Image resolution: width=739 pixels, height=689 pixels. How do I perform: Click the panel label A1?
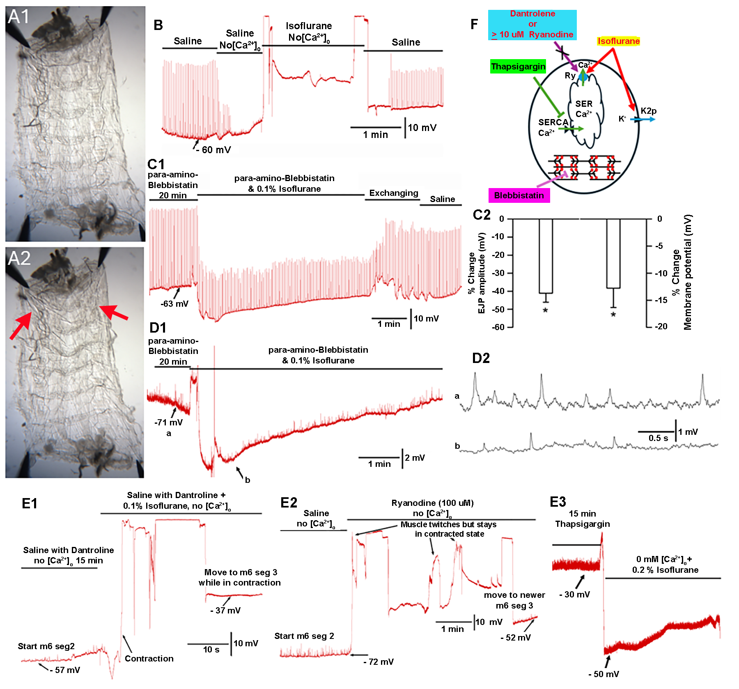click(19, 17)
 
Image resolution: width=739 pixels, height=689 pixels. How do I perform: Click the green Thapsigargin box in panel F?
click(518, 67)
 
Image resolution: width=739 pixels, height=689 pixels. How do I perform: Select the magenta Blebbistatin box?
click(519, 195)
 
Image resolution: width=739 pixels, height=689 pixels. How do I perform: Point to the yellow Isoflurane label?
click(618, 41)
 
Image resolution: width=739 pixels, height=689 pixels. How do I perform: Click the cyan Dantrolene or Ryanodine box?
click(532, 25)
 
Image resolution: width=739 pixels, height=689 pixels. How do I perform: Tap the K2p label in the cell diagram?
click(648, 111)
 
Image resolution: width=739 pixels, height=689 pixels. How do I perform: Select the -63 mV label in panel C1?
click(174, 304)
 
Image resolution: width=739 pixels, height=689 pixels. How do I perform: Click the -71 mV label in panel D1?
click(168, 423)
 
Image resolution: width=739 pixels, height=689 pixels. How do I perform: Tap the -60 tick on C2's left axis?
click(498, 327)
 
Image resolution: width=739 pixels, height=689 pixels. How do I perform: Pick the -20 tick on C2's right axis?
click(661, 326)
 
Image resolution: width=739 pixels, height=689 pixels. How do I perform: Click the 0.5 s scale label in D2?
click(658, 438)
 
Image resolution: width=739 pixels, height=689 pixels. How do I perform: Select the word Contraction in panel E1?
click(149, 659)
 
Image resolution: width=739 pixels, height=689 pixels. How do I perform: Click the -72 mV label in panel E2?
click(378, 662)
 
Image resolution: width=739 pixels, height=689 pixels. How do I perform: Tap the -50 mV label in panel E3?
click(604, 674)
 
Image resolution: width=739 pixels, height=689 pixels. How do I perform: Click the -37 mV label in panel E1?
click(225, 611)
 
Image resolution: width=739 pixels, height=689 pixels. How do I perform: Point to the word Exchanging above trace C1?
click(393, 193)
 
